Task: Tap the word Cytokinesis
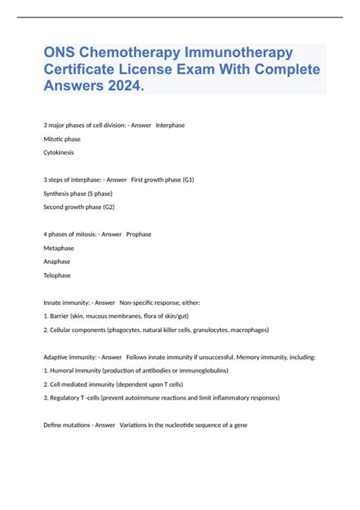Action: click(59, 153)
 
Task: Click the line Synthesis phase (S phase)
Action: click(78, 193)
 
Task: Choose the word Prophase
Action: click(139, 234)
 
